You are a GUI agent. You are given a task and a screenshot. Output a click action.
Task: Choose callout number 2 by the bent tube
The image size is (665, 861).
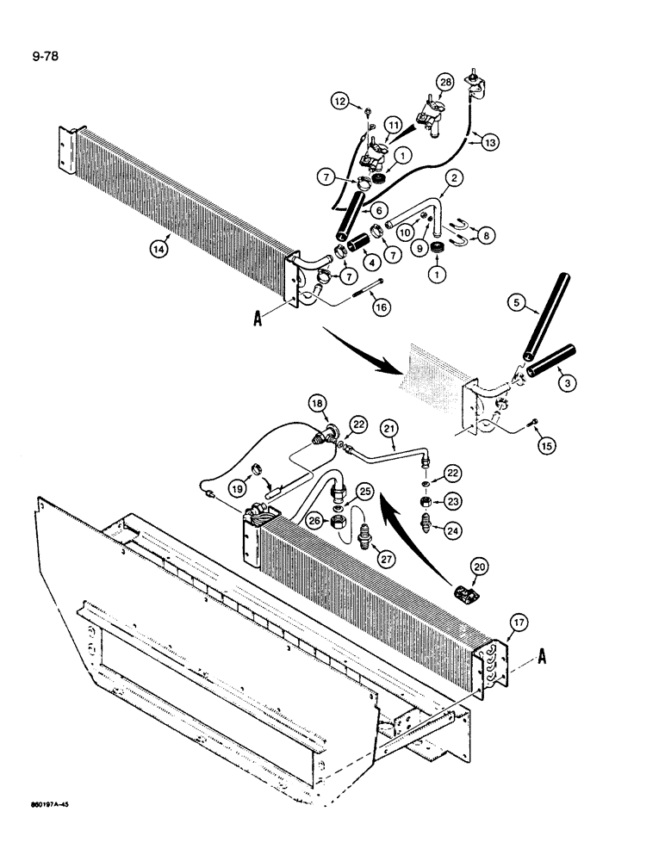coord(456,179)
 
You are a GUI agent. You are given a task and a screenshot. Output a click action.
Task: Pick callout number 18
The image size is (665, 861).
coord(318,403)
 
